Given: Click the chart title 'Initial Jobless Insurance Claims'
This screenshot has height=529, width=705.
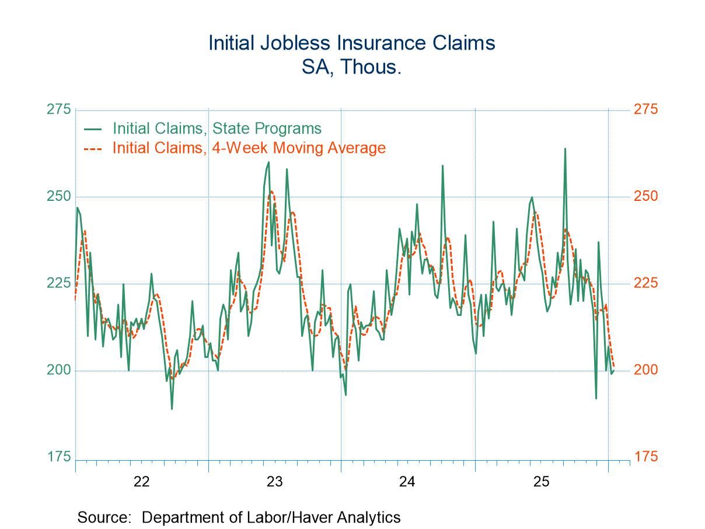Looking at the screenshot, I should pos(352,43).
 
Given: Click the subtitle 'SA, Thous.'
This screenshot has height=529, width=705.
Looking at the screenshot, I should pos(352,67).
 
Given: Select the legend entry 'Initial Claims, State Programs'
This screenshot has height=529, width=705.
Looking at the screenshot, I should pos(217,128).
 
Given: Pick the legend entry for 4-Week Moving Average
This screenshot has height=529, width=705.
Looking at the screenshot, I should pos(249,148).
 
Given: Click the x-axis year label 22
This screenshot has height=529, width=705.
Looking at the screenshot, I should pos(142,482).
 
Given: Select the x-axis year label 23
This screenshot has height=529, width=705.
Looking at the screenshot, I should pos(274,482).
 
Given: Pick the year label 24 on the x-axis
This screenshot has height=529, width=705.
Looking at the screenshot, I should pos(407,482).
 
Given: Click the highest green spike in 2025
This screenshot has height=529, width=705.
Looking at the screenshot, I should pos(565,149).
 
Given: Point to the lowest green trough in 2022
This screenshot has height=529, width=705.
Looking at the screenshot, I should pos(172,408).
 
